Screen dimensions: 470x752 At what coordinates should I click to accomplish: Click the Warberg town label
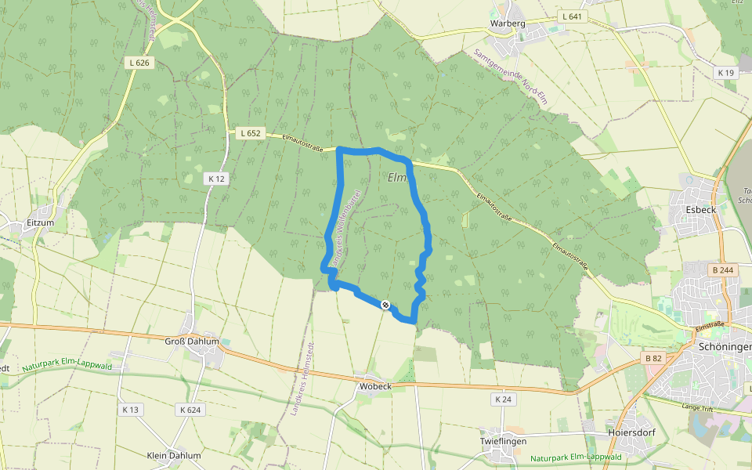pyautogui.click(x=508, y=23)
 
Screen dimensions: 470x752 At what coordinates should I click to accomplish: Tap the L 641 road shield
pyautogui.click(x=573, y=16)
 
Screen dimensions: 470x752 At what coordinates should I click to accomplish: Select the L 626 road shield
pyautogui.click(x=139, y=63)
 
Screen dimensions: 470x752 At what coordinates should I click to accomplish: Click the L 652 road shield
pyautogui.click(x=250, y=133)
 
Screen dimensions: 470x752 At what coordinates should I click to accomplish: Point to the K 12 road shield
pyautogui.click(x=217, y=179)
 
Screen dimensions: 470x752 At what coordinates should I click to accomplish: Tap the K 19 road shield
pyautogui.click(x=726, y=73)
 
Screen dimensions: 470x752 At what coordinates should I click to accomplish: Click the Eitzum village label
pyautogui.click(x=39, y=222)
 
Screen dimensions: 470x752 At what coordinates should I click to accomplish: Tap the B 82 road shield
pyautogui.click(x=653, y=358)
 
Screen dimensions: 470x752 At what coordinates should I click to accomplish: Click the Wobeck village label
pyautogui.click(x=375, y=386)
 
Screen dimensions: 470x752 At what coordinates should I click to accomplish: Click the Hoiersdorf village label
pyautogui.click(x=631, y=432)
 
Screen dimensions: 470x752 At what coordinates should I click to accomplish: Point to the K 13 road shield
pyautogui.click(x=130, y=410)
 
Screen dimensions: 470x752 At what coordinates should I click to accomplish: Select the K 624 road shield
pyautogui.click(x=190, y=410)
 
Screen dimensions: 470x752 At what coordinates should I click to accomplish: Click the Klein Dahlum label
pyautogui.click(x=174, y=455)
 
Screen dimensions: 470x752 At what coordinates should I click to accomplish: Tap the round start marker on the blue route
pyautogui.click(x=385, y=305)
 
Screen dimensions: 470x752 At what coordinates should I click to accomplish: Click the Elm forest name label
pyautogui.click(x=397, y=178)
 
